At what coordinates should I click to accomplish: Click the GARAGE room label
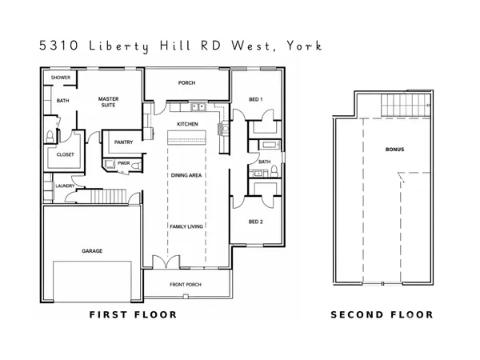[92, 250]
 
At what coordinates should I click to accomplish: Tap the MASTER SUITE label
[108, 102]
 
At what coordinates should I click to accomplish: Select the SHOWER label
[60, 78]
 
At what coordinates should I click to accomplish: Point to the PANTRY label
[123, 142]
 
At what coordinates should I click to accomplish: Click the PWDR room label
[123, 162]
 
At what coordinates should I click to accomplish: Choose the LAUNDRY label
[65, 186]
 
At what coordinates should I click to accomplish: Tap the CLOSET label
[65, 154]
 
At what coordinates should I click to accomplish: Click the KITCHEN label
[187, 124]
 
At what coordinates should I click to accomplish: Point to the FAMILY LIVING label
[186, 226]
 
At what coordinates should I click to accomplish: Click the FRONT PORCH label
[185, 285]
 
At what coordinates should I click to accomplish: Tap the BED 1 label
[256, 99]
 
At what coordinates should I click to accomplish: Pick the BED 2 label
[256, 220]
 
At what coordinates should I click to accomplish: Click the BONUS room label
[394, 150]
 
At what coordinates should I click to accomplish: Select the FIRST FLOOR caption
[132, 315]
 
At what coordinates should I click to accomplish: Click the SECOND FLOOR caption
[382, 315]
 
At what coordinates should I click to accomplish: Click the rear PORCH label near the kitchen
[186, 82]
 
